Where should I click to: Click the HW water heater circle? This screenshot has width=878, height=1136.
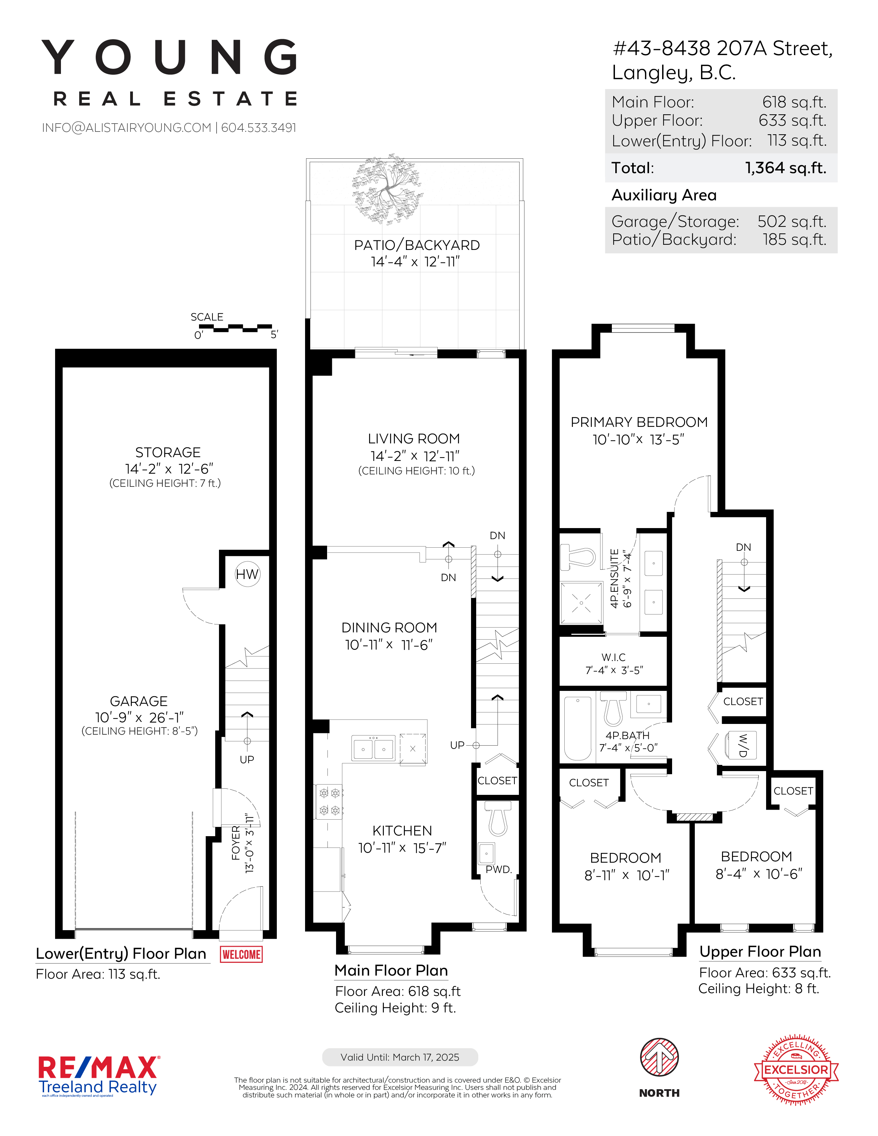[x=247, y=574]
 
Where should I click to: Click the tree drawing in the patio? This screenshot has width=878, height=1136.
[x=387, y=189]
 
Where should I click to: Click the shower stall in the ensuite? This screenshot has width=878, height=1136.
[x=581, y=603]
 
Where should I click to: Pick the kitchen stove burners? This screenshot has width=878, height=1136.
[x=329, y=801]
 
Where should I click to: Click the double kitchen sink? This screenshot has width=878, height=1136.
[x=374, y=748]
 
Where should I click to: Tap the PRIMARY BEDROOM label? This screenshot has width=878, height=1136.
[x=639, y=422]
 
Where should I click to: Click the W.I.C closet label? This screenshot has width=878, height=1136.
[x=614, y=658]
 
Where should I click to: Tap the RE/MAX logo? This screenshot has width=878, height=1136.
[x=99, y=1076]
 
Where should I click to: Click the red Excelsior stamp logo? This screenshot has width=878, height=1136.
[x=796, y=1070]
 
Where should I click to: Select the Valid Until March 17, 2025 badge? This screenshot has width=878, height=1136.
[x=400, y=1057]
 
